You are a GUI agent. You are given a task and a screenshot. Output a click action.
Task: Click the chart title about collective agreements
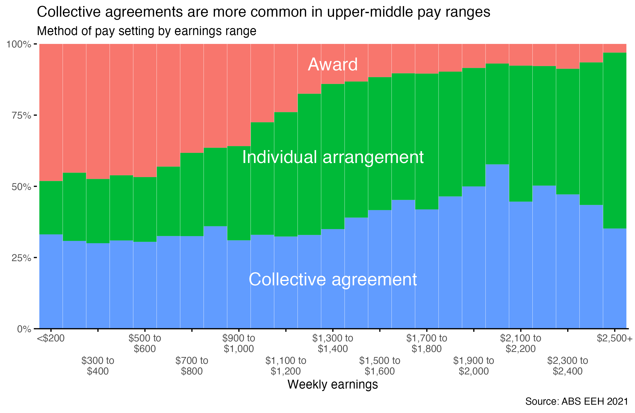coord(263,12)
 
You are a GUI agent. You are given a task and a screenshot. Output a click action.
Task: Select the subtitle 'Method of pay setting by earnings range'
coord(146,31)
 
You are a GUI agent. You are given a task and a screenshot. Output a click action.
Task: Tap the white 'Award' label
coord(332,65)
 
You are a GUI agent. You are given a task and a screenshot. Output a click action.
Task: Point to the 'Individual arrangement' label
coord(332,157)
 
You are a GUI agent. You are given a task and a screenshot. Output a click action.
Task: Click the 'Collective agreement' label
coord(332,280)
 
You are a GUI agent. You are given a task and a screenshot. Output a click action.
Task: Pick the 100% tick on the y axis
coord(19,44)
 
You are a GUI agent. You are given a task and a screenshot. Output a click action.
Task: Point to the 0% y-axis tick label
coord(24,329)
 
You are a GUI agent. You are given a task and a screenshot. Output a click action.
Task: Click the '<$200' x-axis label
coord(51,338)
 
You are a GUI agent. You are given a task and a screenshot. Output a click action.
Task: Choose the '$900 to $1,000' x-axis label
coord(238,343)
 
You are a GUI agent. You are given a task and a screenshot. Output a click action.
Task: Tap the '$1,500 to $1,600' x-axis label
coord(379,366)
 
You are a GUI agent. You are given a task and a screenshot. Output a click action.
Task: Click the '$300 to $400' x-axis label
coord(98,366)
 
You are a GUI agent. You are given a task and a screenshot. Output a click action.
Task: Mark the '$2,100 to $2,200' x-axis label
coord(520,343)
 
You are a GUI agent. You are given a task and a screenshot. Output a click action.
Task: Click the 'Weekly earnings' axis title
coord(332,385)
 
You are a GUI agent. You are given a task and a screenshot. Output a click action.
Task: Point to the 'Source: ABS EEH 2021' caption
coord(577,401)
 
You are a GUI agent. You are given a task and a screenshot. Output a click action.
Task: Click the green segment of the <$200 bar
coord(51,208)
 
